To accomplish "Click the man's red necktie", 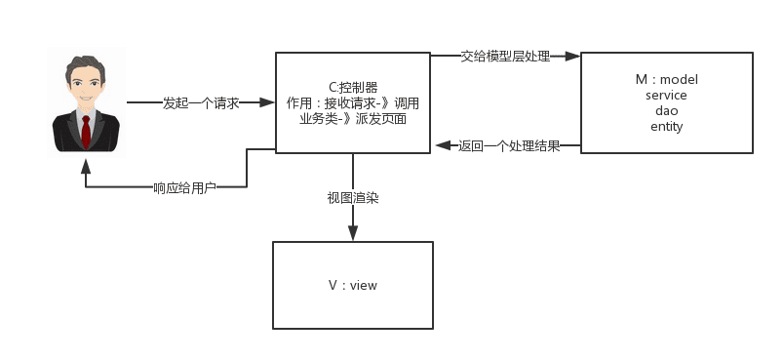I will [87, 131].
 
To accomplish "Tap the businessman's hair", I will [86, 65].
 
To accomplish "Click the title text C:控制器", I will [352, 87].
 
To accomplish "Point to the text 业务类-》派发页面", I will [352, 118].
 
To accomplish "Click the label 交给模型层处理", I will [505, 57].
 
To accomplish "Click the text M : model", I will [666, 79].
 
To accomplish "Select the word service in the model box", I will [666, 95].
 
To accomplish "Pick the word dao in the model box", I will [666, 110].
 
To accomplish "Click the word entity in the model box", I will [666, 126].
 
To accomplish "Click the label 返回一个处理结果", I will [509, 146].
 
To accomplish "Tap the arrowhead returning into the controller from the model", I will [441, 146].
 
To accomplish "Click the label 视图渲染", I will [352, 197].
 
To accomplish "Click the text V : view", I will [352, 285].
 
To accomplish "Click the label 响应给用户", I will [184, 186].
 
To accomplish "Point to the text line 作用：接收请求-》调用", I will [352, 102].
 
